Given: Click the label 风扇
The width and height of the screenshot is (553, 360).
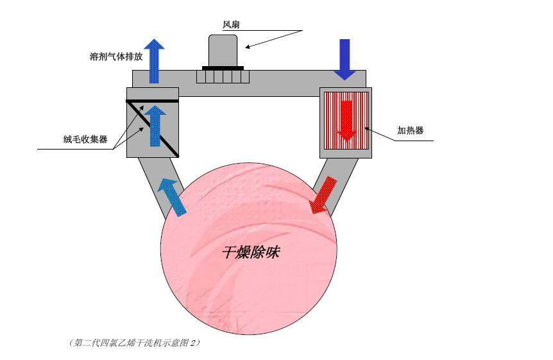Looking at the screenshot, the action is pyautogui.click(x=231, y=24).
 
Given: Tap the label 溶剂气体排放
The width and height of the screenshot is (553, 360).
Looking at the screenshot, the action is pyautogui.click(x=116, y=56).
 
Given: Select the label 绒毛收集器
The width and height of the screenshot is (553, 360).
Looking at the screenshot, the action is pyautogui.click(x=85, y=139).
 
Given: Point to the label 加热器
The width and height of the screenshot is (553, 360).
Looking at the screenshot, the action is pyautogui.click(x=410, y=130).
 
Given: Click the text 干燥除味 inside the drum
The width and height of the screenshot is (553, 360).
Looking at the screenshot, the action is pyautogui.click(x=251, y=252).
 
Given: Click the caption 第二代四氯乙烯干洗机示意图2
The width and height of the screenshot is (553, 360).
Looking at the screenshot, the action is pyautogui.click(x=134, y=343).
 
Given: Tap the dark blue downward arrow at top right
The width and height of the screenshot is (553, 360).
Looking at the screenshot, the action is pyautogui.click(x=345, y=59).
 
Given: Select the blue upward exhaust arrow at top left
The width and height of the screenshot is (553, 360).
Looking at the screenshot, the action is pyautogui.click(x=154, y=61).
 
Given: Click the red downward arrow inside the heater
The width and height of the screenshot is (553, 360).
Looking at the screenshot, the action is pyautogui.click(x=346, y=121).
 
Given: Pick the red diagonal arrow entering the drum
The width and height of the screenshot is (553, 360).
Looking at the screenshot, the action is pyautogui.click(x=323, y=195).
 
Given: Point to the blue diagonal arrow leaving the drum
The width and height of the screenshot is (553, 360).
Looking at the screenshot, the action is pyautogui.click(x=172, y=196).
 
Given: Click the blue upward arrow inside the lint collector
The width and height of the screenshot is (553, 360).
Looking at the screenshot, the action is pyautogui.click(x=155, y=126).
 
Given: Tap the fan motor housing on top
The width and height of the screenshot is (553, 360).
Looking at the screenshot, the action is pyautogui.click(x=223, y=50).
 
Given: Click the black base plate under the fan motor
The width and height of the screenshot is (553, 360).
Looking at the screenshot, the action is pyautogui.click(x=223, y=68).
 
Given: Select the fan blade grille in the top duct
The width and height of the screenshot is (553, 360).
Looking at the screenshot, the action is pyautogui.click(x=223, y=76).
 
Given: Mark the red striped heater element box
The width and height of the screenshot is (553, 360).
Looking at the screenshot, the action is pyautogui.click(x=346, y=121).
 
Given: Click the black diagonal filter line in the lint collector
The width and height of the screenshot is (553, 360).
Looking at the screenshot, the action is pyautogui.click(x=153, y=129).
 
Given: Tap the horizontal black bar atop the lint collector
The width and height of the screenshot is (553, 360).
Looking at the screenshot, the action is pyautogui.click(x=152, y=101).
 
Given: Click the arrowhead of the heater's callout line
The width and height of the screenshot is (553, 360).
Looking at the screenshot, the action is pyautogui.click(x=367, y=129).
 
